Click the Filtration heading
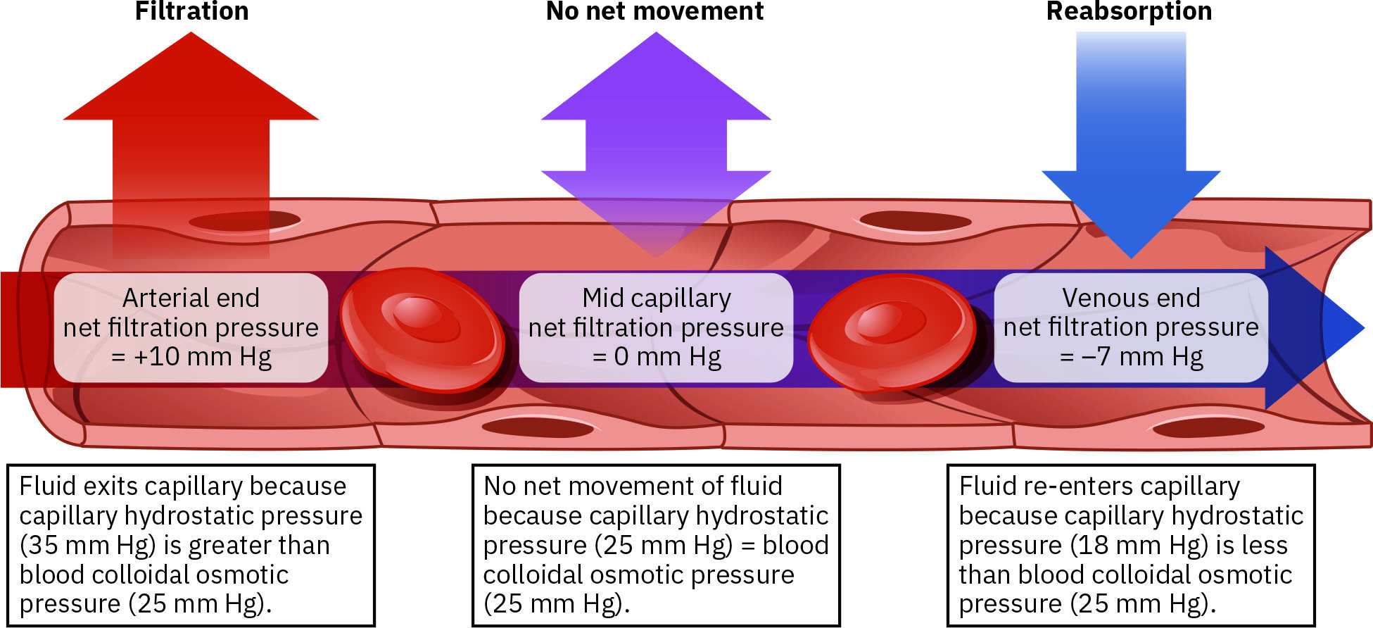(191, 11)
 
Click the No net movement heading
(654, 11)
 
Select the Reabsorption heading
(1129, 11)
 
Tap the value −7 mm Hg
(1141, 356)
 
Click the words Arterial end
(191, 298)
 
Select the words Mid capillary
(656, 298)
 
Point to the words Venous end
(1131, 298)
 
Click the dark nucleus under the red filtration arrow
(245, 221)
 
